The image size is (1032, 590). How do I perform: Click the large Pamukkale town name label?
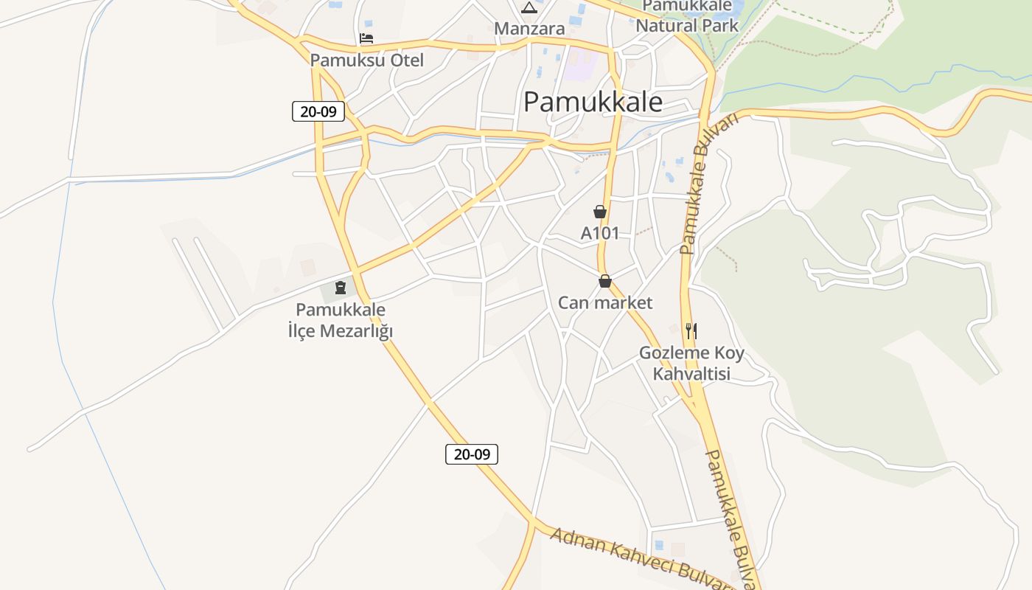coord(593,102)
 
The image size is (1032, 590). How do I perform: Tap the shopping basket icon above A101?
coord(600,212)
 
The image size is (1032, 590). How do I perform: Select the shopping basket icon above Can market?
coord(605,281)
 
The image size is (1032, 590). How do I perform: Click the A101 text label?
coord(600,233)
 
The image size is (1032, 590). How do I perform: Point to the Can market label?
coord(605,302)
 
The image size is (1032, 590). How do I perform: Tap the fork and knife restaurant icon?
coord(691,330)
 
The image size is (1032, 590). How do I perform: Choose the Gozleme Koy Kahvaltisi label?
coord(691,363)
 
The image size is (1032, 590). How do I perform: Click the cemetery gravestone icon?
coord(341,287)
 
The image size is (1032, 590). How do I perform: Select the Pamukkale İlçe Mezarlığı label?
coord(341,320)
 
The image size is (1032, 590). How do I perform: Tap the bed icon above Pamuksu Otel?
coord(366,38)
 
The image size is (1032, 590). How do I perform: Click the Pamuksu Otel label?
coord(367,60)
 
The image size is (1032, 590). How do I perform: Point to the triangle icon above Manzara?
coord(529,8)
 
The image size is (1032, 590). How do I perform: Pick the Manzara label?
coord(529,29)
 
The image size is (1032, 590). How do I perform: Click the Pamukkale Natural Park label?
coord(687,16)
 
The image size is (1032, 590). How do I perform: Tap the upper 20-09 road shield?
coord(318,111)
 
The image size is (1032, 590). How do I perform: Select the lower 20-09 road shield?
coord(472,454)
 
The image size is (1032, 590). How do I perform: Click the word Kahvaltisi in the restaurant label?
coord(691,374)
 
